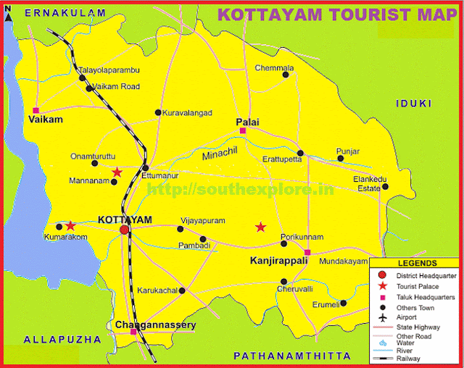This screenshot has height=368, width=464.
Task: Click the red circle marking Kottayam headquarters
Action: (x=125, y=230)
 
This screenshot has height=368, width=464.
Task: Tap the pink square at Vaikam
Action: (x=35, y=110)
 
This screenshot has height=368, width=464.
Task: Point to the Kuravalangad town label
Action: (x=188, y=113)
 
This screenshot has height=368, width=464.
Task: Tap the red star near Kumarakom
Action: (x=70, y=226)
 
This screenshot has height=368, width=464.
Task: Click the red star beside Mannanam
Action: (x=117, y=172)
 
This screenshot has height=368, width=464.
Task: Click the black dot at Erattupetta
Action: (x=300, y=153)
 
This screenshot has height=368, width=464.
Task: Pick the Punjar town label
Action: (x=348, y=151)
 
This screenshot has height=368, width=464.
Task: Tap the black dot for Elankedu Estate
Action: (x=385, y=186)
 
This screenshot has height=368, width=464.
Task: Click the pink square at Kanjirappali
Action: (x=307, y=253)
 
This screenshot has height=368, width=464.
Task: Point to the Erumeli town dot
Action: (x=343, y=304)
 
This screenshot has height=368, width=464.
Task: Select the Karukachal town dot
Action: (x=182, y=290)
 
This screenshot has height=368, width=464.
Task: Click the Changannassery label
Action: (x=156, y=325)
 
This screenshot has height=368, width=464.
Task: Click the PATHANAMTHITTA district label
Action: (x=292, y=356)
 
